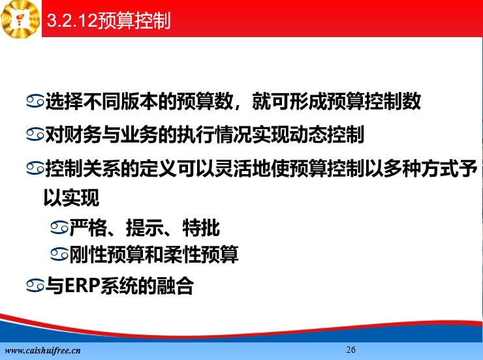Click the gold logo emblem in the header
tap(21, 19)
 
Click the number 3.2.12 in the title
tap(72, 21)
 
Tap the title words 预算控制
tap(134, 21)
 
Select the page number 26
tap(351, 350)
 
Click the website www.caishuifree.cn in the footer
tap(42, 350)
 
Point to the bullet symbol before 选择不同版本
tap(35, 101)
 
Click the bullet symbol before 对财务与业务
tap(35, 135)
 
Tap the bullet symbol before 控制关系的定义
tap(35, 168)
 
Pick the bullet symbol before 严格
tap(59, 228)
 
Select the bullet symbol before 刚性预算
tap(59, 254)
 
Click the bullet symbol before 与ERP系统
tap(35, 285)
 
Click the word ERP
tap(82, 286)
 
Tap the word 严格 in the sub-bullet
tap(88, 228)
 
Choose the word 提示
tap(144, 228)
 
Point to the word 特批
tap(201, 228)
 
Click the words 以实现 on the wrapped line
tap(71, 198)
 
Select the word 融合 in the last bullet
tap(175, 286)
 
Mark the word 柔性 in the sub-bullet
tap(182, 254)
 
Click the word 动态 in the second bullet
tap(308, 135)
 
